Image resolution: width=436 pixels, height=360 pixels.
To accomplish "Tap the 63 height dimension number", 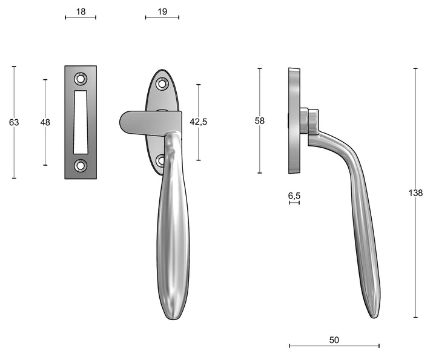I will click(14, 122).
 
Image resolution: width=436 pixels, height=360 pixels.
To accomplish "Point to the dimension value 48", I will click(45, 122).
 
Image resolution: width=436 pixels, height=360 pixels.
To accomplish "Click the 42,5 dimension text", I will click(199, 122).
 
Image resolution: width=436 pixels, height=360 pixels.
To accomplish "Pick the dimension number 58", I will click(260, 121).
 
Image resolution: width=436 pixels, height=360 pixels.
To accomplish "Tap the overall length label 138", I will click(415, 192).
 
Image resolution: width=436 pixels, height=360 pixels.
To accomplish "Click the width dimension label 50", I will click(334, 340).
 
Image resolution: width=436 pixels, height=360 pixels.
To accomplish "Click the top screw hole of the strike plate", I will click(81, 78).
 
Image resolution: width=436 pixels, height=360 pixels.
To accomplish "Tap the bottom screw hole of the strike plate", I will click(81, 166).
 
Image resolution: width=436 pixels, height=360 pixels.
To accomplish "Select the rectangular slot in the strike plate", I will click(81, 122).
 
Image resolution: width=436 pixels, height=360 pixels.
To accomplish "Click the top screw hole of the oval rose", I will click(162, 84).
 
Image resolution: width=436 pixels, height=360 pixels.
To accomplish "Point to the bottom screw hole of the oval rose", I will click(161, 161).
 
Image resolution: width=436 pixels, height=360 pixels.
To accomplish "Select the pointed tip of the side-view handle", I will click(374, 312).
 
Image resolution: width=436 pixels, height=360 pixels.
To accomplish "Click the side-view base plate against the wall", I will click(294, 120).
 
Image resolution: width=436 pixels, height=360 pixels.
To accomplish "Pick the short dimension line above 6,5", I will click(294, 203).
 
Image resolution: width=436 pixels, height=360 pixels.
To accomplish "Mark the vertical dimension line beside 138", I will click(415, 254).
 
